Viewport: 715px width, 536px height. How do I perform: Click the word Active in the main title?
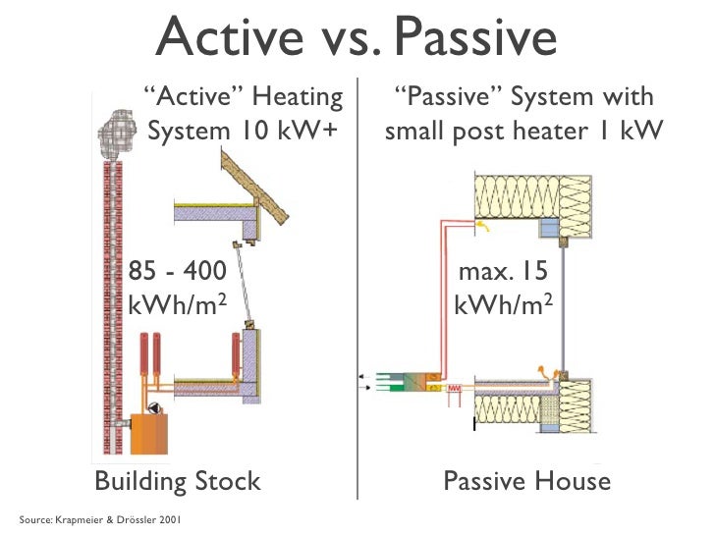click(221, 39)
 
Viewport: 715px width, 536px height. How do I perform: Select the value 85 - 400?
click(178, 271)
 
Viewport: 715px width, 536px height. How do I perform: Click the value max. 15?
click(501, 271)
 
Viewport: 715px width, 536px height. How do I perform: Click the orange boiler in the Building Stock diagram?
click(147, 433)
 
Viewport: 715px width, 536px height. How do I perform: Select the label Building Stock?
click(177, 482)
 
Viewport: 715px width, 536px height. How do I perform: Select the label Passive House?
click(526, 482)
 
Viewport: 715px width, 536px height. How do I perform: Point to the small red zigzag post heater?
click(455, 388)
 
